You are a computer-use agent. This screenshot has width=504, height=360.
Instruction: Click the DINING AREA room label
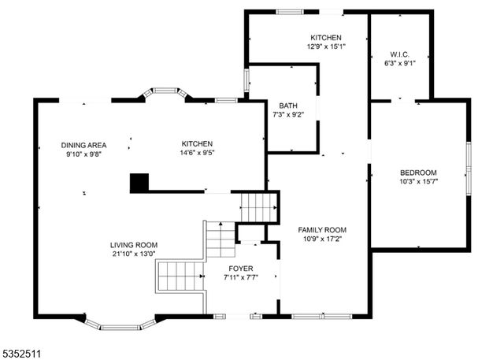pyautogui.click(x=83, y=145)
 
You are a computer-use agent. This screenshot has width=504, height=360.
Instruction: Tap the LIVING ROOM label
pyautogui.click(x=134, y=245)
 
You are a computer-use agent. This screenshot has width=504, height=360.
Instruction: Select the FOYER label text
pyautogui.click(x=241, y=269)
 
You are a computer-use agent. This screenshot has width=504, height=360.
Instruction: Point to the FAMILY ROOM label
pyautogui.click(x=322, y=230)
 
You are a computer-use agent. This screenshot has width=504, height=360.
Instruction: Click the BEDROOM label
pyautogui.click(x=418, y=173)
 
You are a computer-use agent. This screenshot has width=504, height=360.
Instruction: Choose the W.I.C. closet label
pyautogui.click(x=400, y=54)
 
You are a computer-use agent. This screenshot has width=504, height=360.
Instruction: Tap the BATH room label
pyautogui.click(x=288, y=106)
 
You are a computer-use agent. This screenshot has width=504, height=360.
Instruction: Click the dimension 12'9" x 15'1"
pyautogui.click(x=326, y=46)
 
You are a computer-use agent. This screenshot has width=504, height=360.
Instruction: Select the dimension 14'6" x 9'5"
pyautogui.click(x=197, y=153)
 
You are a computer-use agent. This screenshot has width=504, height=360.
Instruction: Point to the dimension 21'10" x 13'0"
pyautogui.click(x=134, y=254)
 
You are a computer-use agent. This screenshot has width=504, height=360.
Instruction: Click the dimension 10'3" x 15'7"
pyautogui.click(x=418, y=181)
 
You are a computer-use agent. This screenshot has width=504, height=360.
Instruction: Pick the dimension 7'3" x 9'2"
pyautogui.click(x=288, y=114)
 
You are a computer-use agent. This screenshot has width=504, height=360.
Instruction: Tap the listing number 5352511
pyautogui.click(x=21, y=354)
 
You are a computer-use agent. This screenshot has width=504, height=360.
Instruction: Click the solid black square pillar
pyautogui.click(x=139, y=183)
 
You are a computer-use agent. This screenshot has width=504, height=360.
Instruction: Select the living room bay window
pyautogui.click(x=120, y=325)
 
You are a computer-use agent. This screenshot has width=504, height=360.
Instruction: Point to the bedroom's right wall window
pyautogui.click(x=469, y=169)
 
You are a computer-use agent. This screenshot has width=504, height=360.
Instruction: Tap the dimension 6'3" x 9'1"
pyautogui.click(x=400, y=63)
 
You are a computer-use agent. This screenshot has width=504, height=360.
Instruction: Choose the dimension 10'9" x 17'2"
pyautogui.click(x=322, y=239)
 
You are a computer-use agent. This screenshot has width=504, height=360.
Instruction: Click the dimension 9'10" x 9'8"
pyautogui.click(x=84, y=154)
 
